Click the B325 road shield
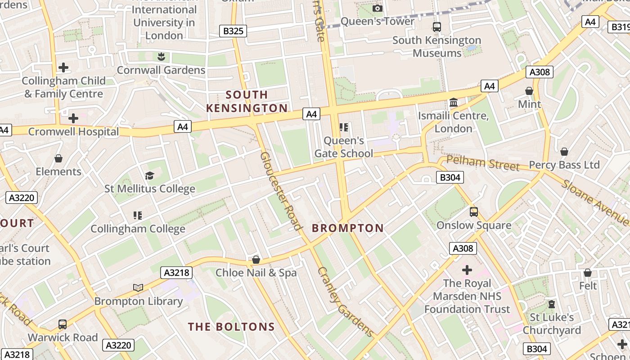point(233,31)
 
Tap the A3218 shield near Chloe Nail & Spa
point(177,273)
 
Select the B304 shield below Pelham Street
point(450,178)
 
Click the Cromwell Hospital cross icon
point(73,118)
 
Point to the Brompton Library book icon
point(138,288)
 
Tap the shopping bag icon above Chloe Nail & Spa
point(256,260)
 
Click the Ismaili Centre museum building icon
point(453,103)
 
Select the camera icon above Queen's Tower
point(378,8)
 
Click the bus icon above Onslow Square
point(473,212)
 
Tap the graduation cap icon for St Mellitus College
point(149,175)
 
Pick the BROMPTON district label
point(348,228)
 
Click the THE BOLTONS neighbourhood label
point(231,327)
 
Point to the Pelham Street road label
point(482,163)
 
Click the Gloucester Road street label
point(281,191)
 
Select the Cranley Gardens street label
point(345,302)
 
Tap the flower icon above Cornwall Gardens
point(161,57)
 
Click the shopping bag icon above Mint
point(529,91)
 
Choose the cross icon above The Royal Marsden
point(467,270)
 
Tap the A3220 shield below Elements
point(22,198)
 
